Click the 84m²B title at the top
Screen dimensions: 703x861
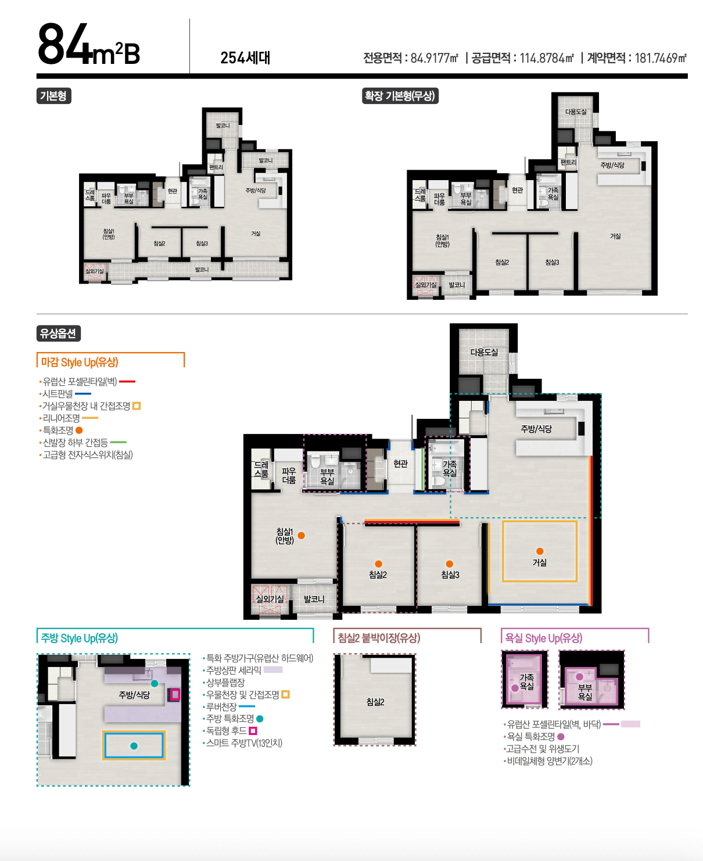[x=88, y=44]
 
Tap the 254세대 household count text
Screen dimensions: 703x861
[x=245, y=58]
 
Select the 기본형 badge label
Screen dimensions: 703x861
[x=53, y=96]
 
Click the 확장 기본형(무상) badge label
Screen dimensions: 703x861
[x=400, y=96]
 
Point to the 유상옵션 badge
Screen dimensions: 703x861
[x=58, y=333]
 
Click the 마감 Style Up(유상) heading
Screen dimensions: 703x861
[x=80, y=362]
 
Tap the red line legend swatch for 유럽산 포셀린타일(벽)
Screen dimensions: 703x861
[x=127, y=382]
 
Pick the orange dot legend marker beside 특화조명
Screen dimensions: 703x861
[x=79, y=430]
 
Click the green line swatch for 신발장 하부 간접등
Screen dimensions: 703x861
[x=119, y=442]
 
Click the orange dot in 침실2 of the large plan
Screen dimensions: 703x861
[x=378, y=564]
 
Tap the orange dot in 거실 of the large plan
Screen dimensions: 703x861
[x=540, y=551]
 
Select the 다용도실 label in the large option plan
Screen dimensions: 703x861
[x=484, y=352]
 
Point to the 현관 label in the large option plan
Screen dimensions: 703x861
[x=400, y=464]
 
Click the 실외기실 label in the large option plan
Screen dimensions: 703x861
[x=270, y=599]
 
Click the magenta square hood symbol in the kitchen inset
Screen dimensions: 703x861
[x=175, y=694]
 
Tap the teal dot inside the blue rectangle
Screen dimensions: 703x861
[x=134, y=746]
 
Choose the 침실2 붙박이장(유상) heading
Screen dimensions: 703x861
[x=379, y=638]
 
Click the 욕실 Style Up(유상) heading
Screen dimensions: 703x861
[x=544, y=638]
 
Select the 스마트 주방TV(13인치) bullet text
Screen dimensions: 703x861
[x=244, y=742]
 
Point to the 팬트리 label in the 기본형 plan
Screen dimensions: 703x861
[x=216, y=167]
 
